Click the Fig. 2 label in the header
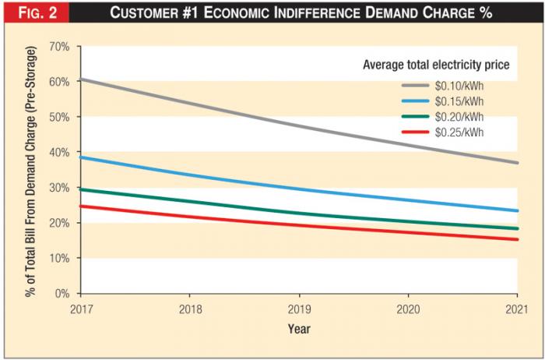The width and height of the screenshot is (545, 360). point(35,14)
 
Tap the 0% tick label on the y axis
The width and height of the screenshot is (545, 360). point(62,294)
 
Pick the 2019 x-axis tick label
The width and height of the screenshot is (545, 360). point(299,309)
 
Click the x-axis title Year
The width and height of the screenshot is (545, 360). point(299,329)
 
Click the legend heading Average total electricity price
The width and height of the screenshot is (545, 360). point(436,65)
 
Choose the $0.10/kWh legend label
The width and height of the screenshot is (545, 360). point(460,86)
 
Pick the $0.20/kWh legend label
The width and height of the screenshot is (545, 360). point(460,117)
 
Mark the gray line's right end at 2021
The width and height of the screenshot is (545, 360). point(517,163)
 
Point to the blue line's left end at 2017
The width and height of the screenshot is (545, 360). point(81,157)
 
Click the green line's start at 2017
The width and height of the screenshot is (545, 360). point(81,189)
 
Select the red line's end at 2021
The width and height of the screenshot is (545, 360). point(517,239)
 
